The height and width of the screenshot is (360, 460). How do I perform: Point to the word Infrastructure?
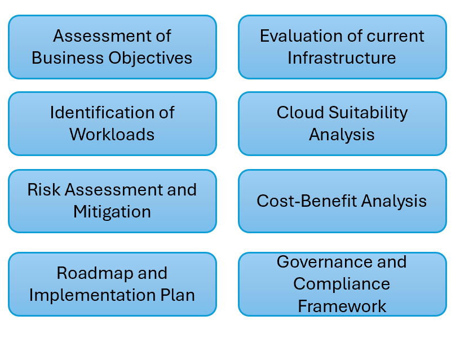coord(342,58)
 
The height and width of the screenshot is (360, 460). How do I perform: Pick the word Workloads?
coord(112,135)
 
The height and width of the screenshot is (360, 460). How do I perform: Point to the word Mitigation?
coord(112,212)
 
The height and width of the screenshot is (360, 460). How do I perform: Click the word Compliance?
coord(342,283)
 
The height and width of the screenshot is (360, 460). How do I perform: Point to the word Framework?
coord(342,306)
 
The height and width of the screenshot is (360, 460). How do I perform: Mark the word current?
coord(395,36)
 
